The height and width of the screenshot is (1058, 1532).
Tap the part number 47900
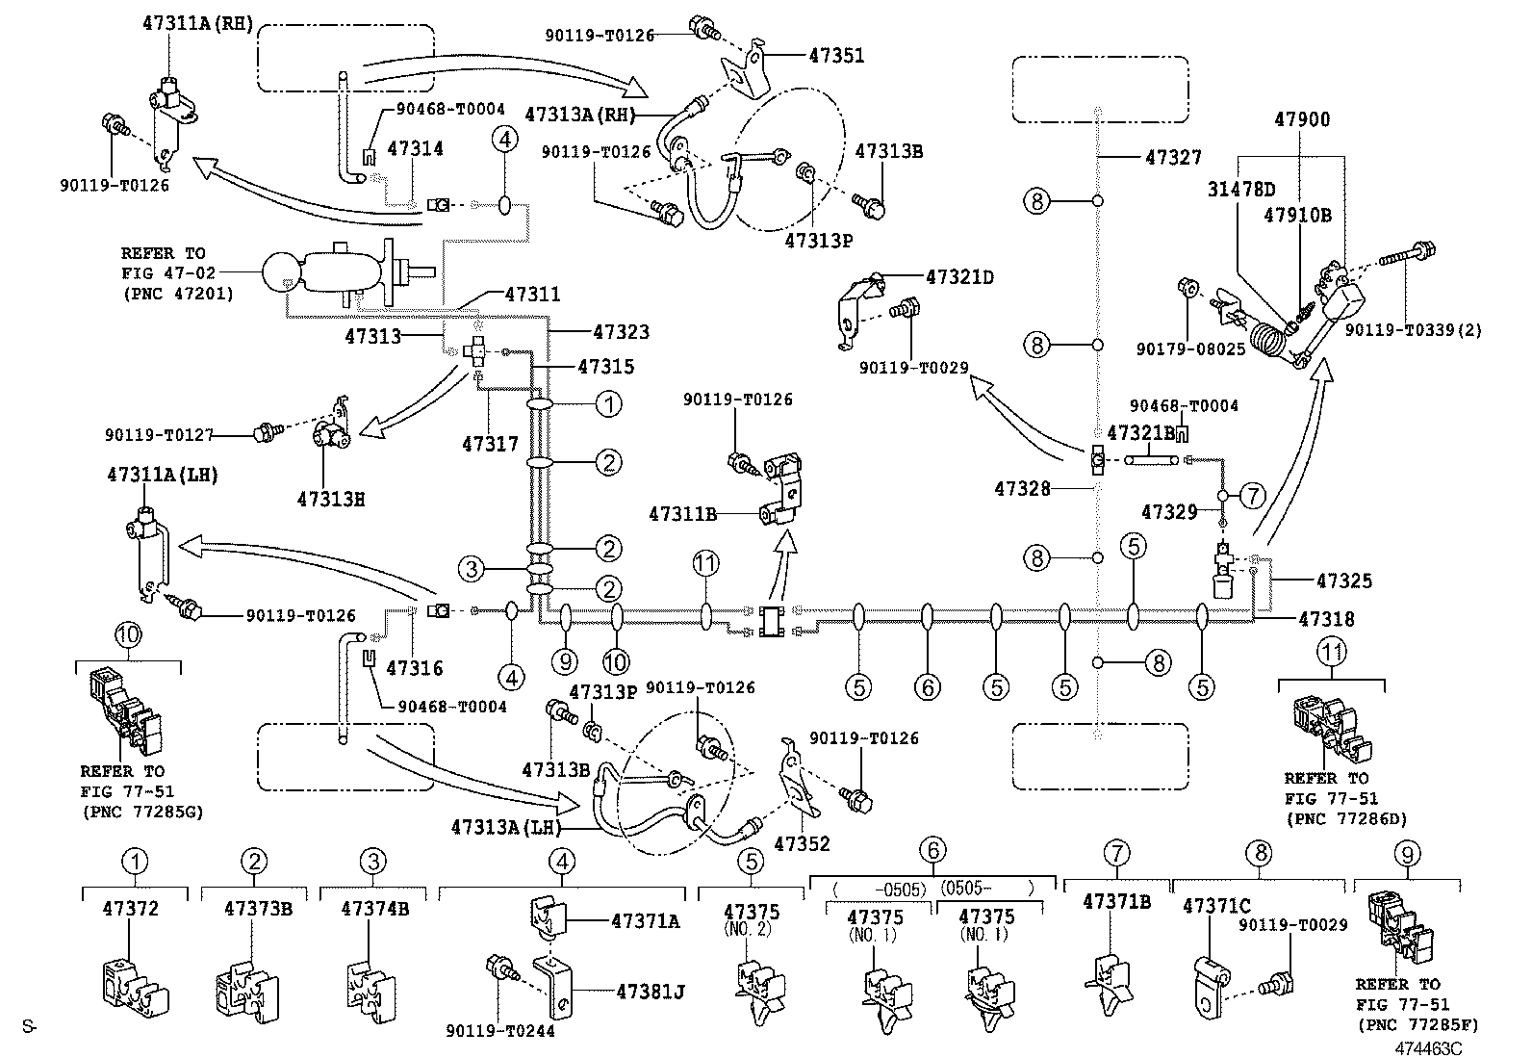[x=1302, y=120]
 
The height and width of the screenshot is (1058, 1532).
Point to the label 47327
[x=1173, y=157]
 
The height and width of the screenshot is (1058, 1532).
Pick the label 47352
[x=802, y=844]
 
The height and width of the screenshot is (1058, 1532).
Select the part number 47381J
[x=650, y=991]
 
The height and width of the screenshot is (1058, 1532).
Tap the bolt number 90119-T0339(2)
[x=1413, y=330]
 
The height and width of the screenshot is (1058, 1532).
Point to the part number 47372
[x=130, y=908]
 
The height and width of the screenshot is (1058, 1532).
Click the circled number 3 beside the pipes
[x=470, y=569]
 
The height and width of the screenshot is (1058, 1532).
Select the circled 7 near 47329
[x=1251, y=496]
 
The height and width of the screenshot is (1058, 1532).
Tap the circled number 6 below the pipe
[x=927, y=686]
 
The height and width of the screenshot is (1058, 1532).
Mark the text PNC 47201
[x=177, y=294]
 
